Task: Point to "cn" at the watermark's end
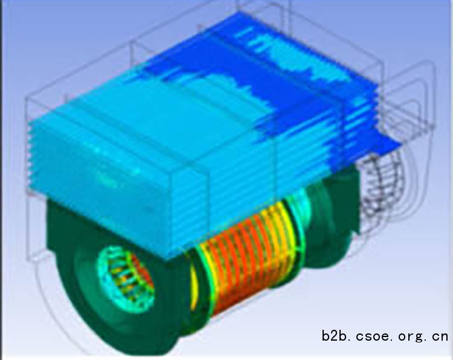(x=440, y=336)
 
